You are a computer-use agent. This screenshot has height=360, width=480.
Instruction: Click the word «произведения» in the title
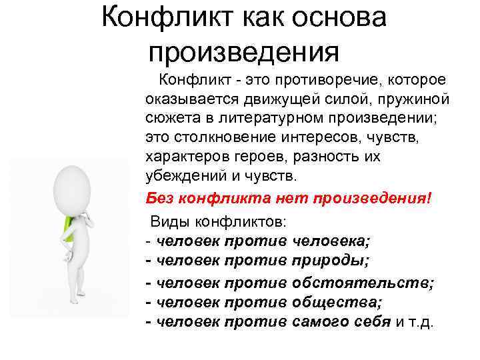(x=244, y=51)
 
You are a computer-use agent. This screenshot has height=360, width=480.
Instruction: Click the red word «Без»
(x=158, y=198)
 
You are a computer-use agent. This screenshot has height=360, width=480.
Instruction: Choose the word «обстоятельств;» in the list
(x=363, y=283)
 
